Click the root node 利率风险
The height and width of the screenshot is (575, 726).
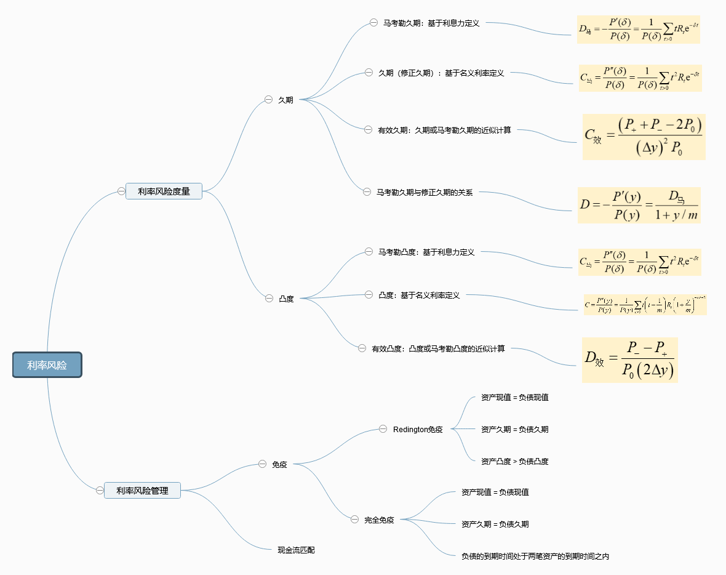[x=47, y=365]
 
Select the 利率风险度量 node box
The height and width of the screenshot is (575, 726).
[x=164, y=191]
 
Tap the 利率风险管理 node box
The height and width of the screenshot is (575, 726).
[x=142, y=491]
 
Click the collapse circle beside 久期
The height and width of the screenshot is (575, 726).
[x=268, y=99]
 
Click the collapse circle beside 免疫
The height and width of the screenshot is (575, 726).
[x=261, y=464]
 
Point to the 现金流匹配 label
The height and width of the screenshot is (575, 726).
[x=296, y=550]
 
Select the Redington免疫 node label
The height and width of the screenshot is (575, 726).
[x=418, y=429]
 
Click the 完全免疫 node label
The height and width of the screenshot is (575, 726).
[x=379, y=520]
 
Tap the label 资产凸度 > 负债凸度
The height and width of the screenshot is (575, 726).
[x=514, y=461]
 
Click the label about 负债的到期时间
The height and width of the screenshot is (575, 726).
[x=535, y=556]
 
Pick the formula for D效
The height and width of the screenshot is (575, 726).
[x=629, y=360]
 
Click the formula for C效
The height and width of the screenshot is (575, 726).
[x=644, y=137]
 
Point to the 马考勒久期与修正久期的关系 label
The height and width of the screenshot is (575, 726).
[x=425, y=192]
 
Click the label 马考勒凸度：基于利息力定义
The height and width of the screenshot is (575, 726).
[x=426, y=252]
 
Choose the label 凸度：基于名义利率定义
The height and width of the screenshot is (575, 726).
[x=419, y=296]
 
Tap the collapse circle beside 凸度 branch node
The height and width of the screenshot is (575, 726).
[x=269, y=298]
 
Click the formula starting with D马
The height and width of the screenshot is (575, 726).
[x=638, y=30]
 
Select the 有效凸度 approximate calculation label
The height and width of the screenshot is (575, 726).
[x=438, y=349]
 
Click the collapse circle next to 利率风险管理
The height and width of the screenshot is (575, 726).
[x=100, y=491]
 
